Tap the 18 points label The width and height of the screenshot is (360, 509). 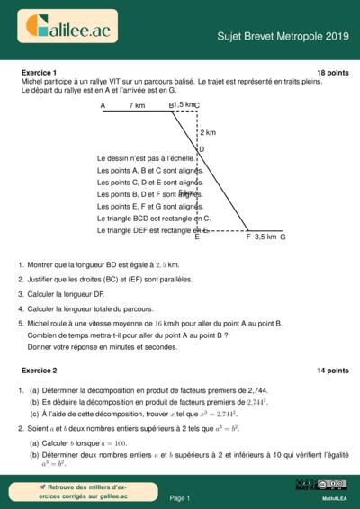pyautogui.click(x=332, y=72)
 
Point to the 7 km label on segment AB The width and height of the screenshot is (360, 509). pyautogui.click(x=137, y=105)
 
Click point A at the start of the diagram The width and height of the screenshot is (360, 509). pyautogui.click(x=103, y=105)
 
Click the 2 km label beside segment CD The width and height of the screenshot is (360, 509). pyautogui.click(x=208, y=132)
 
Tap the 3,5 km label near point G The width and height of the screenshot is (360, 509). pyautogui.click(x=265, y=237)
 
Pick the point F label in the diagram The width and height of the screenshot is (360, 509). pyautogui.click(x=248, y=237)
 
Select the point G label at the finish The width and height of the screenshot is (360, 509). pyautogui.click(x=283, y=237)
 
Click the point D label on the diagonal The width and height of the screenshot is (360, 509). pyautogui.click(x=202, y=149)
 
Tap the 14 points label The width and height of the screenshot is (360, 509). pyautogui.click(x=332, y=371)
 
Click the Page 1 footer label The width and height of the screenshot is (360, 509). pyautogui.click(x=179, y=497)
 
